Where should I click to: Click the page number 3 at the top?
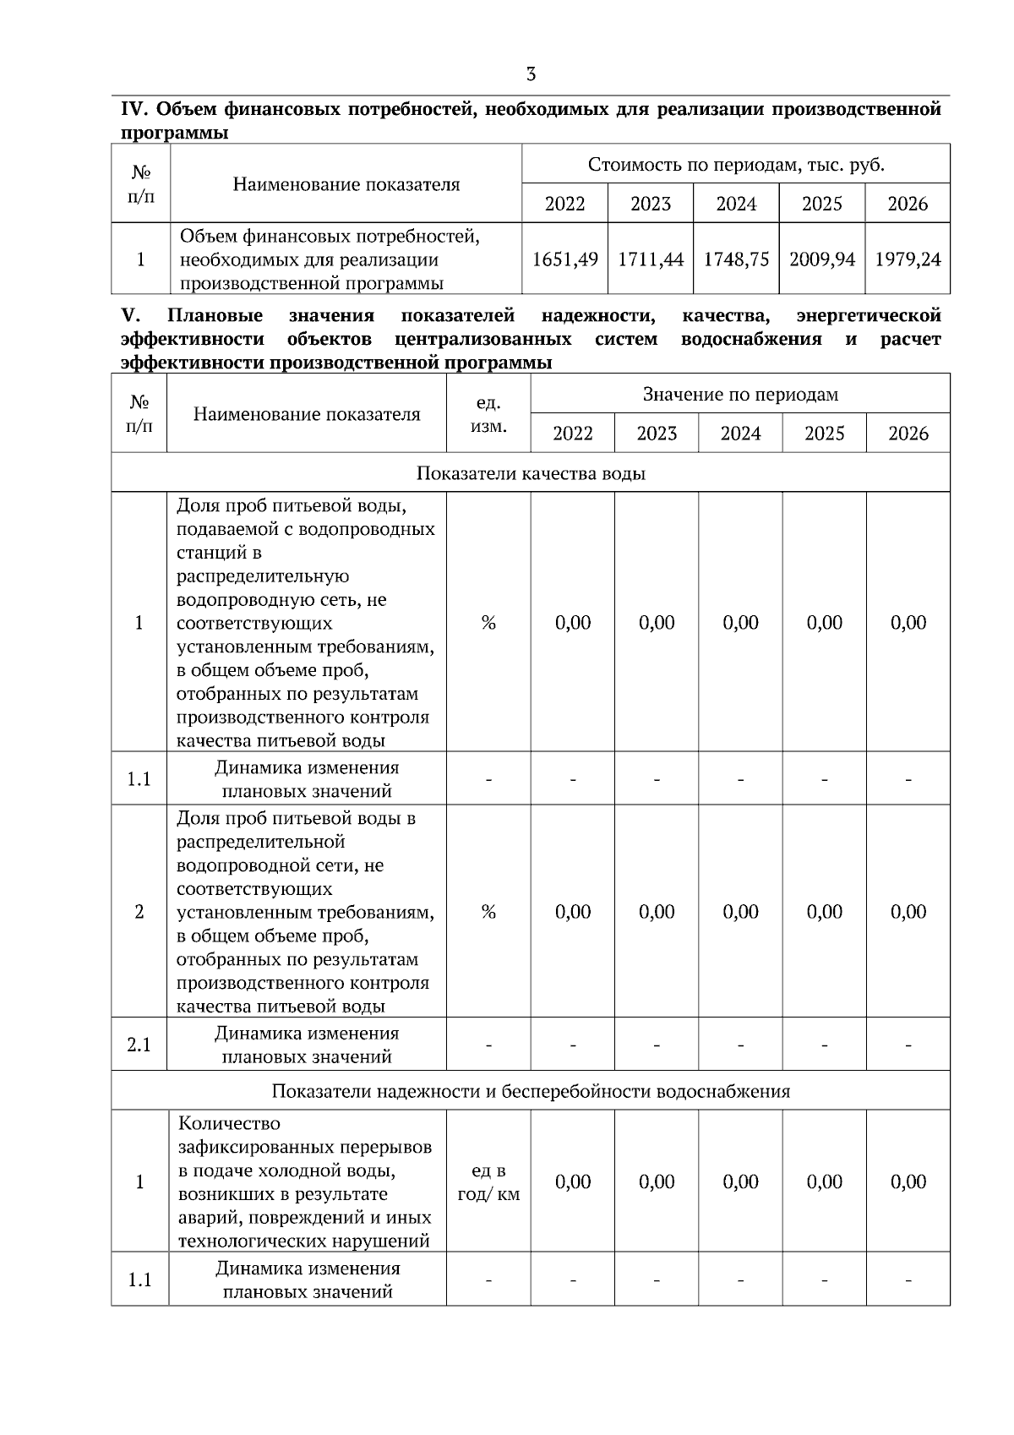[531, 74]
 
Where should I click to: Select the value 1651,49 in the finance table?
[564, 259]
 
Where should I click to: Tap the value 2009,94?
[821, 259]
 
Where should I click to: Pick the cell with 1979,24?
[908, 259]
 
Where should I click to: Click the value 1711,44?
[650, 259]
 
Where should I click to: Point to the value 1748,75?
[736, 259]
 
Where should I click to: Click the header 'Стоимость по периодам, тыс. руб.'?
[736, 165]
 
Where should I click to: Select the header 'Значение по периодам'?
[740, 395]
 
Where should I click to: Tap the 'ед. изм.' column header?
[488, 414]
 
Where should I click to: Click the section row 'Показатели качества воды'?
[531, 473]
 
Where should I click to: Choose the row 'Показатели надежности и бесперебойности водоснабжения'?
[531, 1091]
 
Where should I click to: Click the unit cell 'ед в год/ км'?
[488, 1182]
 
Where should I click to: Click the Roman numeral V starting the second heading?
[129, 316]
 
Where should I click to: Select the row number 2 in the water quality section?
[139, 912]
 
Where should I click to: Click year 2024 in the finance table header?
[736, 204]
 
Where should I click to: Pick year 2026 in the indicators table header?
[908, 434]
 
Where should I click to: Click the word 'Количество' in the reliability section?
[229, 1124]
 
